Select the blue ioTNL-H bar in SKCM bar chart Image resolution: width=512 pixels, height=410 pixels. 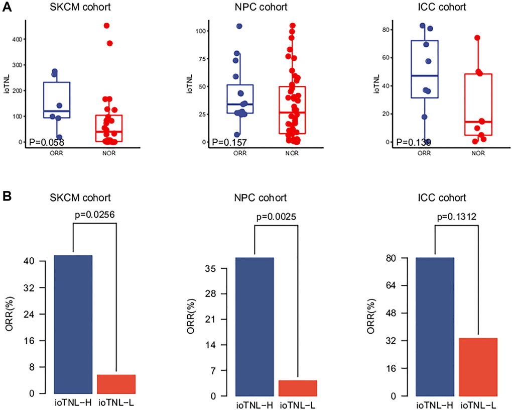73,324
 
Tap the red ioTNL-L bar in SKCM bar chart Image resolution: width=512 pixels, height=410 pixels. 116,384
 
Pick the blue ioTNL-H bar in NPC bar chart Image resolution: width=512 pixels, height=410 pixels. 255,327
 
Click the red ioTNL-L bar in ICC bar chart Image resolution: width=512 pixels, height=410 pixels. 478,367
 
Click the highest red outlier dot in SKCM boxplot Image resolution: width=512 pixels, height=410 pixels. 106,26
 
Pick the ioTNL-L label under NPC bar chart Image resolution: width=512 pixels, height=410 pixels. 297,405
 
